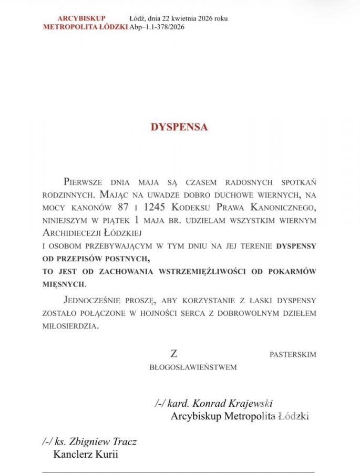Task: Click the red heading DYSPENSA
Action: coord(179,127)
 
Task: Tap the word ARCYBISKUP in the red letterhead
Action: coord(81,18)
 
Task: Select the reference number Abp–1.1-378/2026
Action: coord(157,27)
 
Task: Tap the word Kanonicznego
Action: coord(281,208)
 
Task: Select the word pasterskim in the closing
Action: coord(293,355)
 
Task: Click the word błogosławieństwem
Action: coord(193,367)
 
